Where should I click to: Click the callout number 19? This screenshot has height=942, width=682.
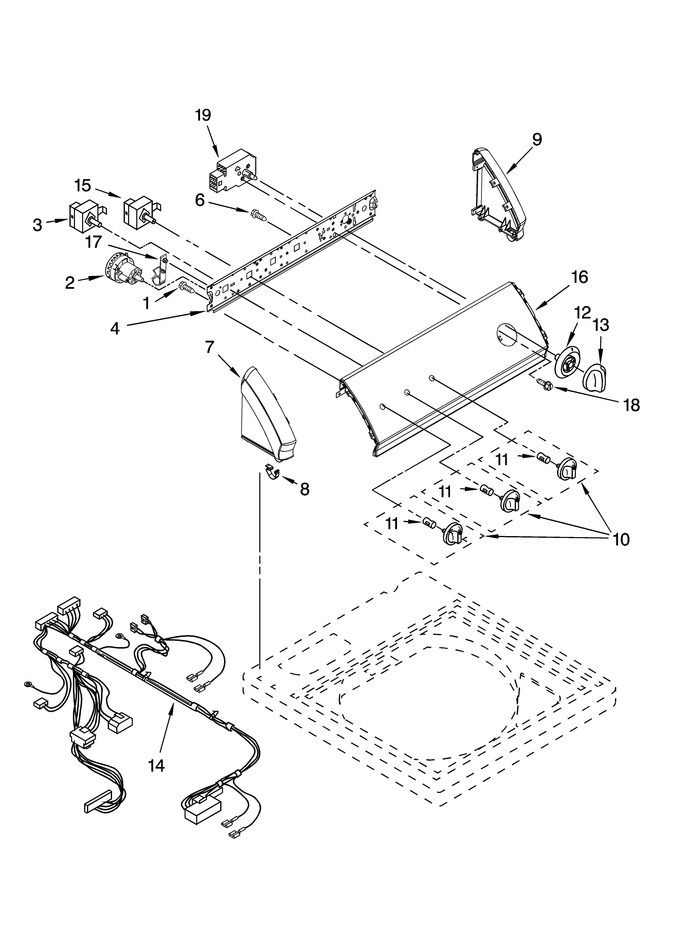click(x=203, y=115)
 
